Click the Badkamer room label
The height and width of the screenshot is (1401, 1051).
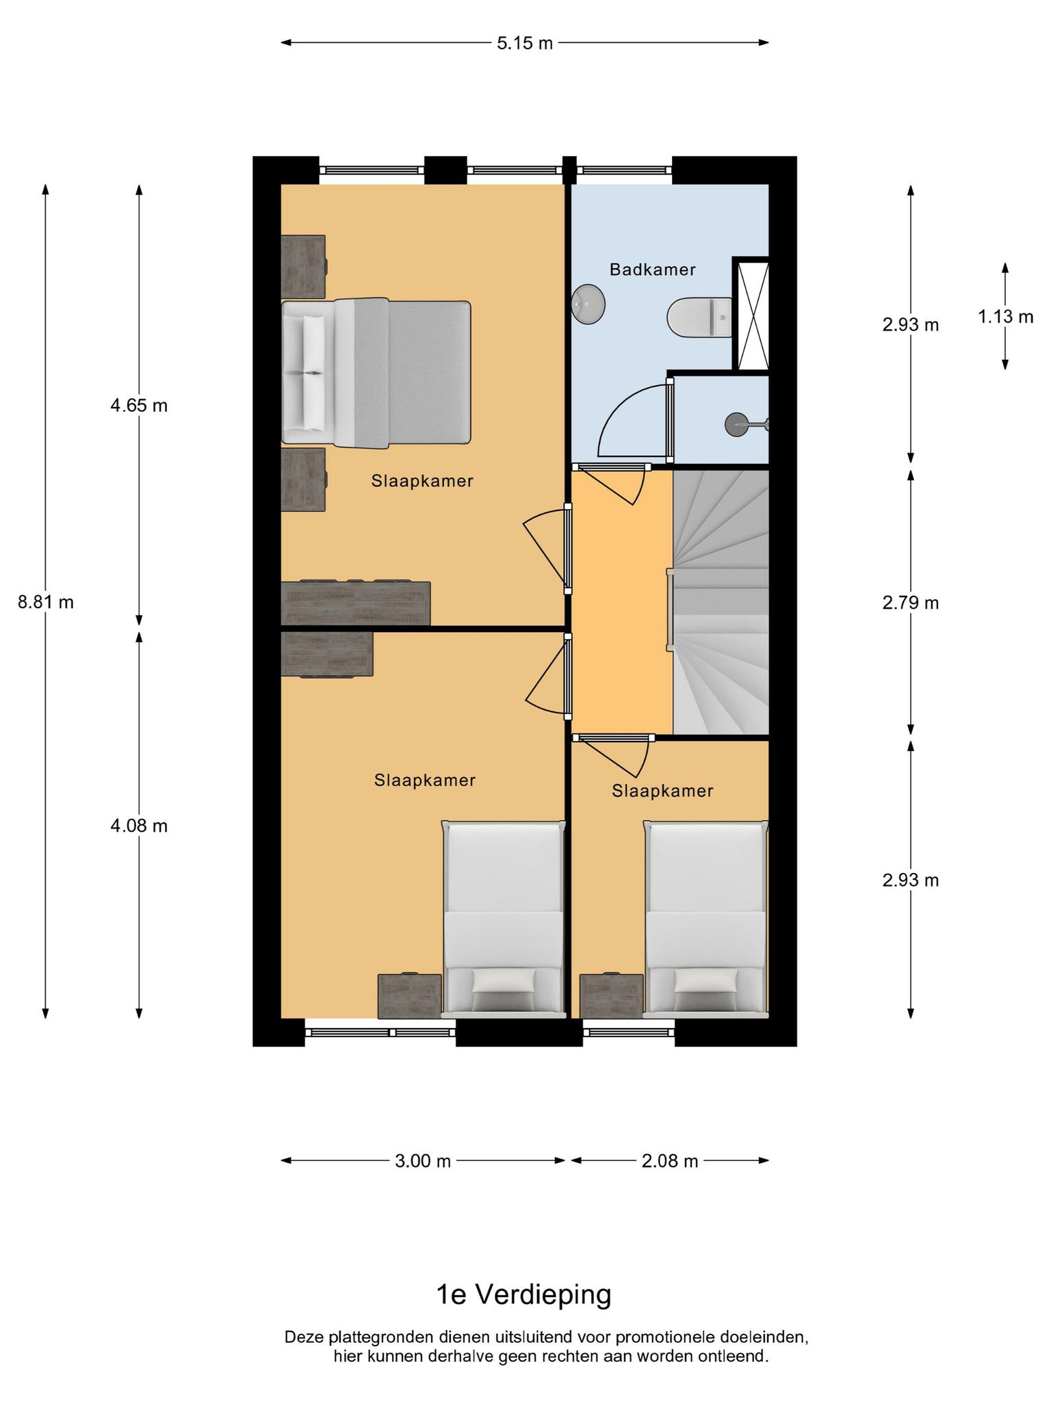[x=652, y=270]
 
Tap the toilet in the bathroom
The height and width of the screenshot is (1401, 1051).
[x=699, y=317]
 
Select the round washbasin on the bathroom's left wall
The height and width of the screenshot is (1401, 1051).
[x=588, y=304]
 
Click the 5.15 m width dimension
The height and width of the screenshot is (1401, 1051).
[x=525, y=43]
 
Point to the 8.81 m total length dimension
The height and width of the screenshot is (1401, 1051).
[x=45, y=603]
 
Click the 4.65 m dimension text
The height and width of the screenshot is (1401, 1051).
[x=139, y=406]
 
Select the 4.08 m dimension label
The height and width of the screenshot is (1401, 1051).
[x=139, y=826]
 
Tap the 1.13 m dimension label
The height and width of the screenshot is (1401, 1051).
[x=1005, y=317]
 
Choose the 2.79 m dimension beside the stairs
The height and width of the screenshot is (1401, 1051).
[x=911, y=603]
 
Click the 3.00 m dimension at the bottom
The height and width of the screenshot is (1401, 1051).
[x=423, y=1161]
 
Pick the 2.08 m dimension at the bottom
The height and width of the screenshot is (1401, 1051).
[x=670, y=1161]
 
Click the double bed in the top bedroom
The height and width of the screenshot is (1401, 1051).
[x=376, y=373]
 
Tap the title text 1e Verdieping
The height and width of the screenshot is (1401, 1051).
[x=524, y=1294]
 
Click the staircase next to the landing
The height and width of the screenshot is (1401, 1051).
[x=721, y=603]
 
